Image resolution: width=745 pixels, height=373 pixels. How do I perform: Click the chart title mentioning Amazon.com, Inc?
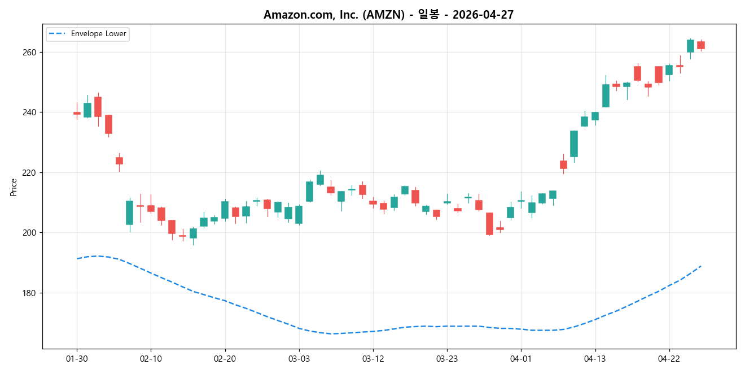pos(388,15)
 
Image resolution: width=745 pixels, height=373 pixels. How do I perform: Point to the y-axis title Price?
pos(14,187)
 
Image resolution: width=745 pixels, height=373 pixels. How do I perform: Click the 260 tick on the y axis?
pos(29,52)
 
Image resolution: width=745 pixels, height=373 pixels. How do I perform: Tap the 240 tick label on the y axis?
pos(29,112)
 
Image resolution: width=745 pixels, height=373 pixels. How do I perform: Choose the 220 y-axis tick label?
pos(29,172)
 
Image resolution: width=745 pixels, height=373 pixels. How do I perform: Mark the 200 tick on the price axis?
pos(29,233)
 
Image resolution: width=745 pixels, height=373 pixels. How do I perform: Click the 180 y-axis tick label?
pos(29,293)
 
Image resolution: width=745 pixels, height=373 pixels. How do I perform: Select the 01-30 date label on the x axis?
pos(77,358)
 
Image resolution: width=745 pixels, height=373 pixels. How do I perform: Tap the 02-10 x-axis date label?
pos(151,358)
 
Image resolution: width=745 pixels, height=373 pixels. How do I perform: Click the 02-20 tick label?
pos(225,358)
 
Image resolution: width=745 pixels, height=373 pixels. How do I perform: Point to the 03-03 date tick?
pos(299,358)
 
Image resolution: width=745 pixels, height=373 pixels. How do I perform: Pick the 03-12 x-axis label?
pos(373,358)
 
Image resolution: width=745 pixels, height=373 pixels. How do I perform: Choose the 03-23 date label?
pos(447,358)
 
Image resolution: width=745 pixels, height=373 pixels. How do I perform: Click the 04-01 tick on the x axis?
pos(521,358)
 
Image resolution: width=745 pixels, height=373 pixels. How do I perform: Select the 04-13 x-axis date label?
pos(595,358)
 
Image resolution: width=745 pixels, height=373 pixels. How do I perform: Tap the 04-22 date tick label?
pos(669,358)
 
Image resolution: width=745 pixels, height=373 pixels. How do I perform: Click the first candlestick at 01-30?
pos(77,113)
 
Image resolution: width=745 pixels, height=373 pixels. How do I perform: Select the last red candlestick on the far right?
pos(701,45)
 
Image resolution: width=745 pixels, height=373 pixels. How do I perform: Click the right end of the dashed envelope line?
pos(701,266)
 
